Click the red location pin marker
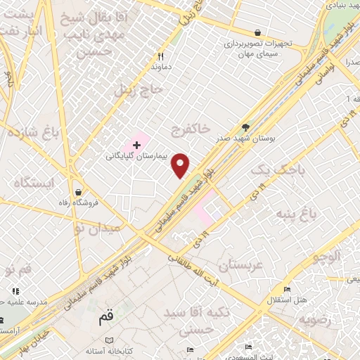tap(181, 165)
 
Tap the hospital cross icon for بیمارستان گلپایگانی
tap(136, 144)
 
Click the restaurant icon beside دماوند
tap(160, 57)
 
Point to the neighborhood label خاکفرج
tap(191, 129)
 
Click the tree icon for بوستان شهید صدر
tap(245, 127)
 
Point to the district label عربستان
tap(240, 265)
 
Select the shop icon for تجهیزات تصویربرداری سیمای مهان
tap(259, 32)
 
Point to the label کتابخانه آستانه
tap(105, 350)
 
